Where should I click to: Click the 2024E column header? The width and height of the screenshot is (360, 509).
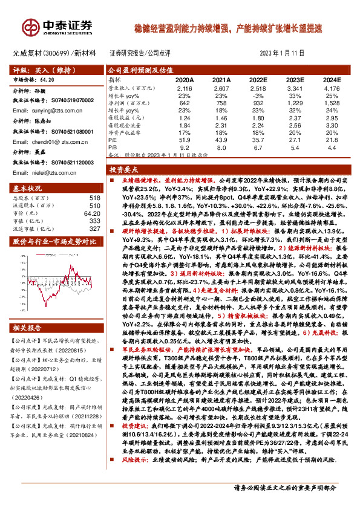pyautogui.click(x=332, y=79)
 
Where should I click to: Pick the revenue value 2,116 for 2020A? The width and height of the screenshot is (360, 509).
pyautogui.click(x=185, y=88)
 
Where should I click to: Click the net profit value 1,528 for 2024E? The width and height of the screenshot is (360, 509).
pyautogui.click(x=332, y=103)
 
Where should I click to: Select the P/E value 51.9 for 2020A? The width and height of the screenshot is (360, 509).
pyautogui.click(x=185, y=138)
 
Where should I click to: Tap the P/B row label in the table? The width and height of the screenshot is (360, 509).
pyautogui.click(x=113, y=146)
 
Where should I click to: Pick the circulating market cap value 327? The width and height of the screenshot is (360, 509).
pyautogui.click(x=94, y=229)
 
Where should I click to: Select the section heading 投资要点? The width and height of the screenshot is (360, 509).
pyautogui.click(x=123, y=170)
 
